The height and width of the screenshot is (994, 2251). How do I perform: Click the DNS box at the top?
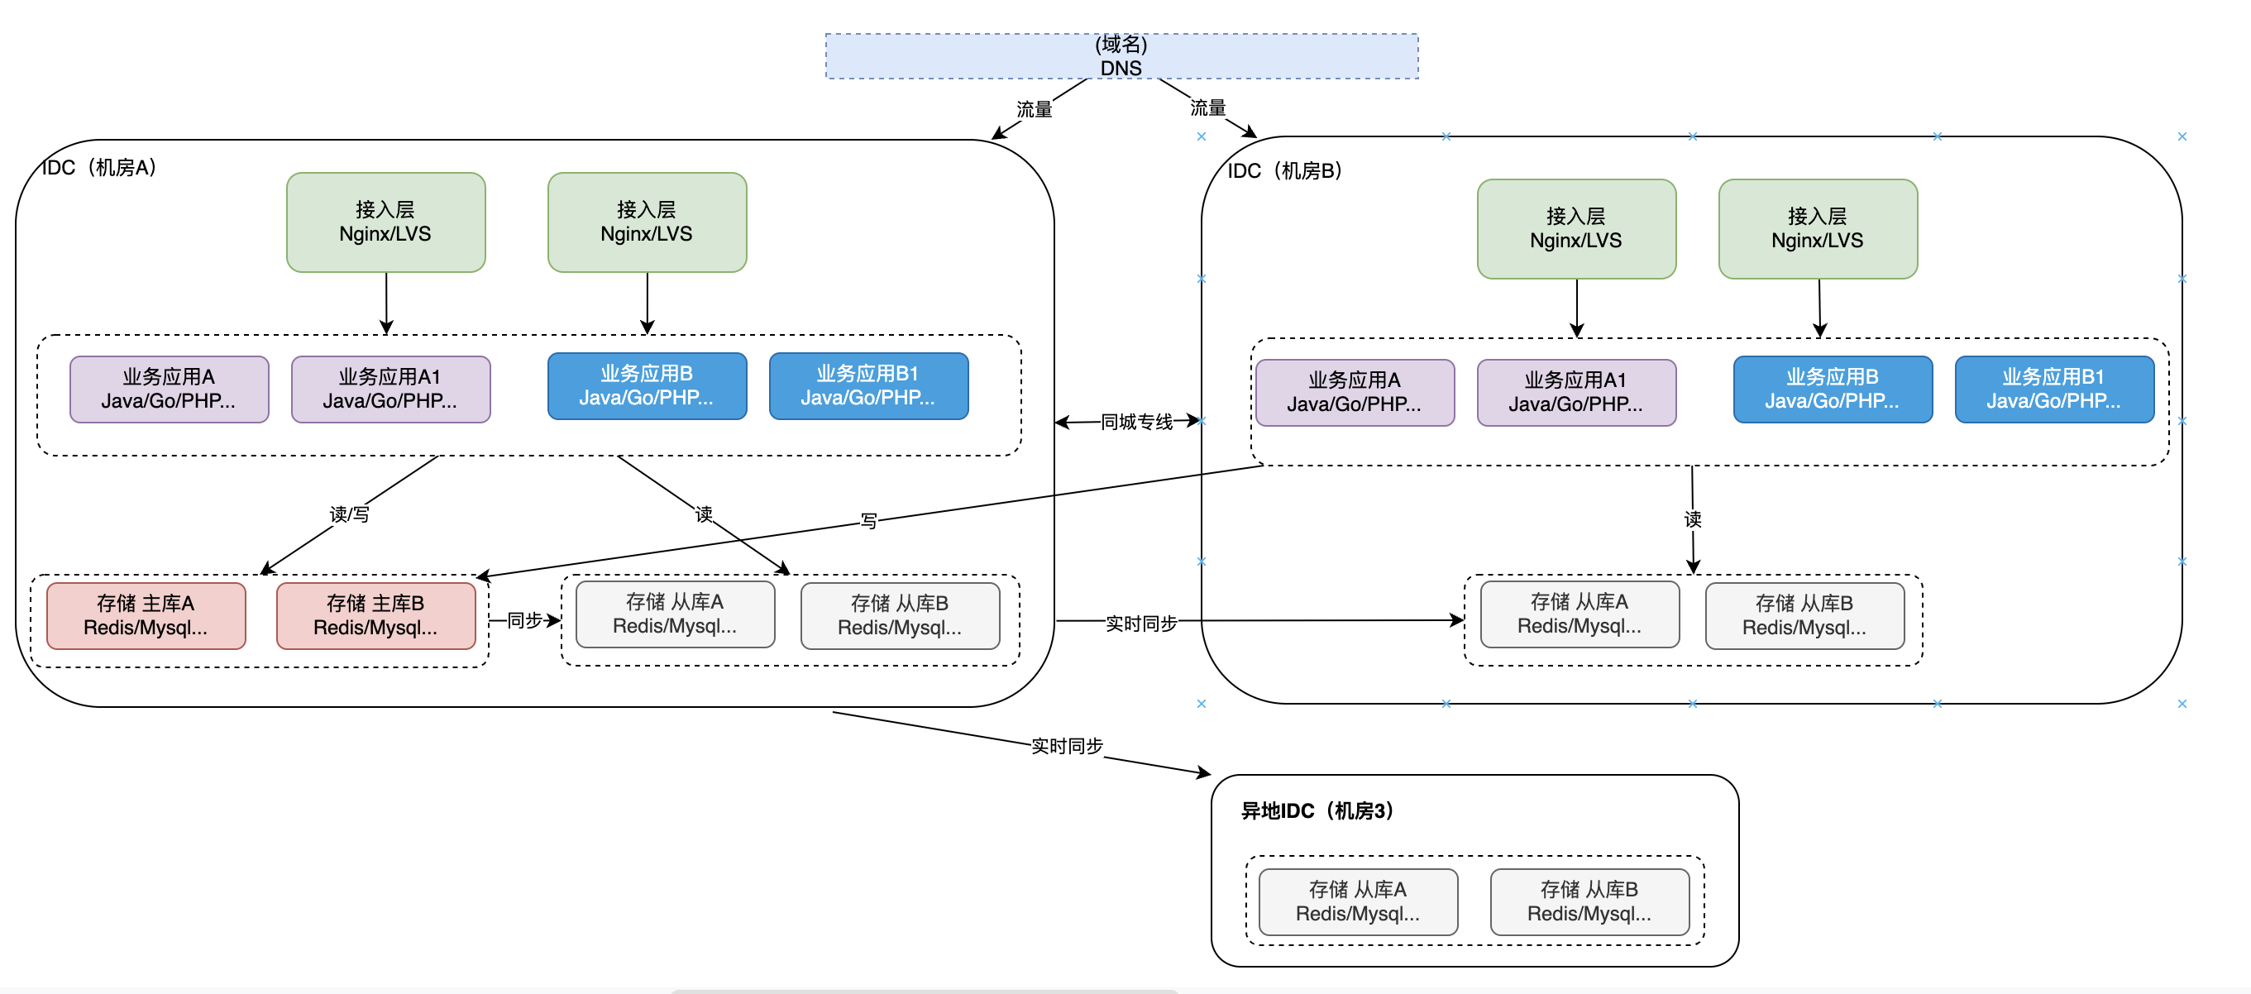1121,56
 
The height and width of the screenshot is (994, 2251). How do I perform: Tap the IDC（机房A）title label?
99,167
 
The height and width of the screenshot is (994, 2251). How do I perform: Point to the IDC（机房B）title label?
1284,170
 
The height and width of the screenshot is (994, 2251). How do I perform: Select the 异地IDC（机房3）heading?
1317,810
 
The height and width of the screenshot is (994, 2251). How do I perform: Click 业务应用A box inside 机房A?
169,389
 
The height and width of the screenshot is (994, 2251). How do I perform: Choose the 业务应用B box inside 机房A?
647,385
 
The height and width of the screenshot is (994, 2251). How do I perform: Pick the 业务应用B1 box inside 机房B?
2053,389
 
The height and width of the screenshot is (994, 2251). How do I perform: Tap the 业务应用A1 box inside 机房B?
1576,392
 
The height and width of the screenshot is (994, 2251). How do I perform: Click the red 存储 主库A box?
146,616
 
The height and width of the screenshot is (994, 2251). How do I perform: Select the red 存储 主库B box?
375,616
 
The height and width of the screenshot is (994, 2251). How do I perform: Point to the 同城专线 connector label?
1136,422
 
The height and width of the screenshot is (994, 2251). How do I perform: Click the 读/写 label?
350,514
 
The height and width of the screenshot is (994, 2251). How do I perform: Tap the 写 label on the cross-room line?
868,521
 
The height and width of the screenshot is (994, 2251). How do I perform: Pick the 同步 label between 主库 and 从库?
525,620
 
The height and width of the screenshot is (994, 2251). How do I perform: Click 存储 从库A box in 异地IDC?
1358,901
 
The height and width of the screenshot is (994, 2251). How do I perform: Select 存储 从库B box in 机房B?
1804,616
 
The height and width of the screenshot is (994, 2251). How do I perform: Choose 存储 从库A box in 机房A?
676,614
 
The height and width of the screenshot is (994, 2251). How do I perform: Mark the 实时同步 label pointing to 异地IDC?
1067,746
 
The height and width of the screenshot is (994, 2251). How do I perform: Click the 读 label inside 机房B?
1693,519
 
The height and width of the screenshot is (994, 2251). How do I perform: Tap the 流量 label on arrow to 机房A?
1035,109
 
